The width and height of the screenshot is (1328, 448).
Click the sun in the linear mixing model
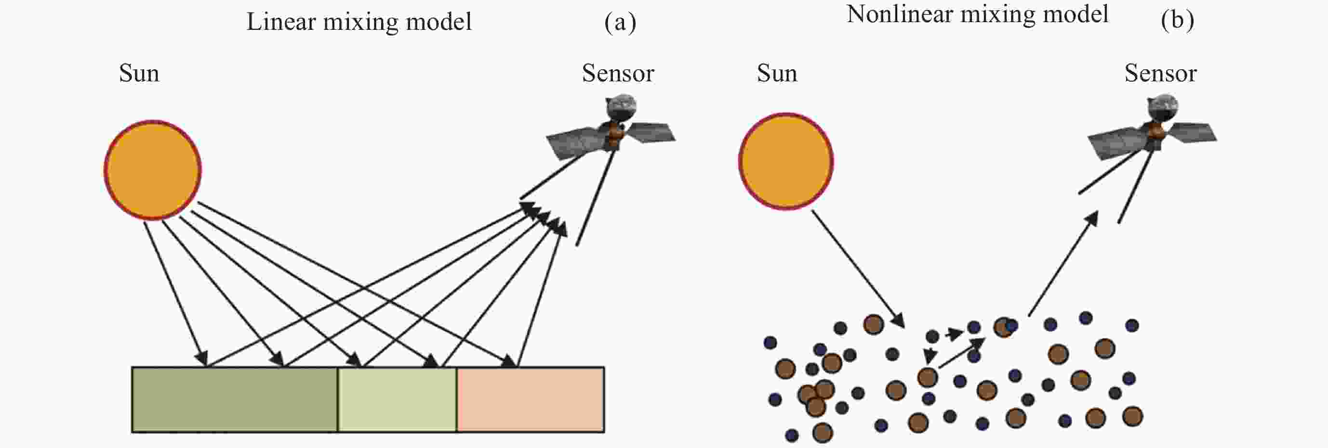pyautogui.click(x=153, y=170)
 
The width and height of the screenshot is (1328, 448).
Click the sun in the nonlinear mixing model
pyautogui.click(x=786, y=161)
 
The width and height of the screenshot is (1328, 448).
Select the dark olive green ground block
pyautogui.click(x=235, y=399)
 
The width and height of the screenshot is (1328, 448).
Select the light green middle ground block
pyautogui.click(x=397, y=399)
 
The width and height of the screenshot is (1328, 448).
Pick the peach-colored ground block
pyautogui.click(x=531, y=399)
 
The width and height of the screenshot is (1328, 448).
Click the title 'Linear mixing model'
pyautogui.click(x=359, y=22)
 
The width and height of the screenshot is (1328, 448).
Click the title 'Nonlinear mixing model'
pyautogui.click(x=977, y=14)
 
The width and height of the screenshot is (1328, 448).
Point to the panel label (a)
pyautogui.click(x=620, y=22)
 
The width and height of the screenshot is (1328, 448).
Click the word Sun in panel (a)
pyautogui.click(x=139, y=73)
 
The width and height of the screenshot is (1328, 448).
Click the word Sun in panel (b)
pyautogui.click(x=777, y=73)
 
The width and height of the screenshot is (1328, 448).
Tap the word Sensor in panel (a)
pyautogui.click(x=618, y=73)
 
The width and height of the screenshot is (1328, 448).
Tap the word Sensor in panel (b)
pyautogui.click(x=1160, y=73)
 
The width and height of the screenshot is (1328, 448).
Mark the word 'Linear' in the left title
pyautogui.click(x=281, y=22)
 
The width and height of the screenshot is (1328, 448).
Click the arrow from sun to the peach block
pyautogui.click(x=356, y=285)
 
